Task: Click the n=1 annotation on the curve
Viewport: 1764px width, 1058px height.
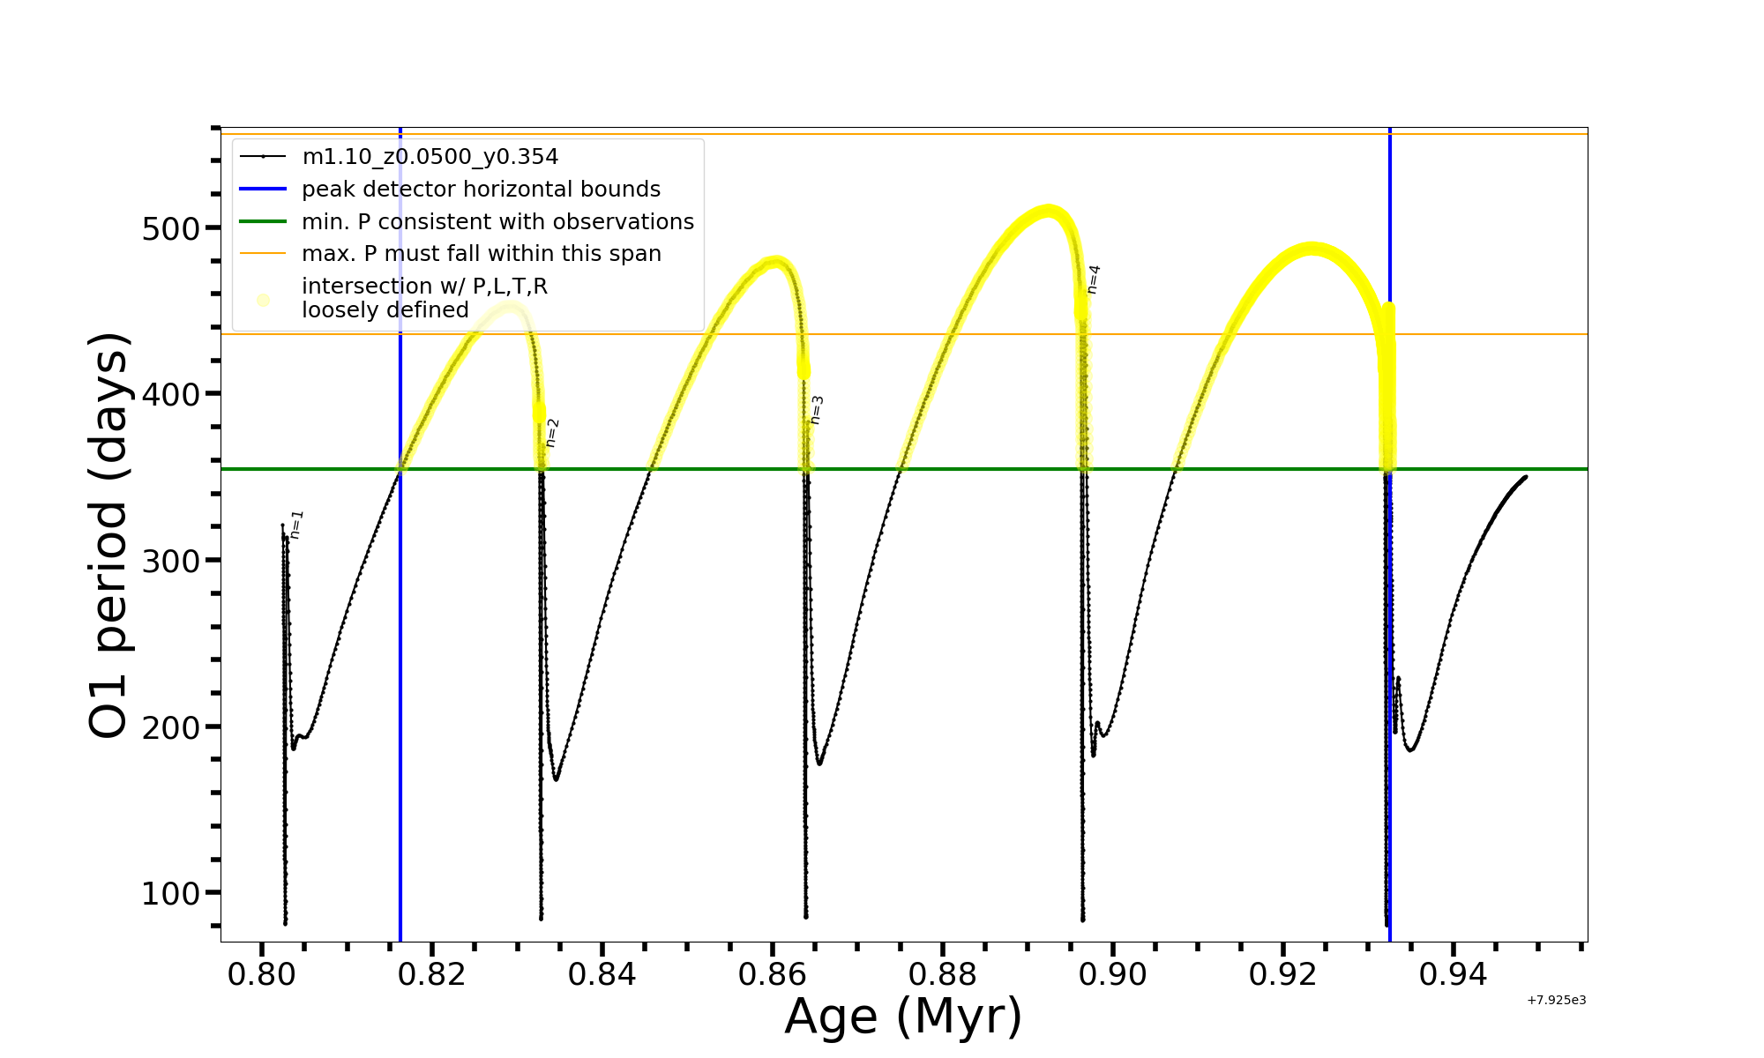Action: coord(296,525)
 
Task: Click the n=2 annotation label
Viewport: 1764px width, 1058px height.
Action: coord(552,433)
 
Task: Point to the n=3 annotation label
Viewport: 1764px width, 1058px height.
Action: coord(817,410)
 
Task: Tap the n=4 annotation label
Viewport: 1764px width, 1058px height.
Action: coord(1094,279)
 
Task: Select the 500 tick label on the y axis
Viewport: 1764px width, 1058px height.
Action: coord(171,229)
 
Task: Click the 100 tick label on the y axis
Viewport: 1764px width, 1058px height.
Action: coord(171,894)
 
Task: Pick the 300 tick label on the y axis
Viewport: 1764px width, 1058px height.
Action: coord(171,562)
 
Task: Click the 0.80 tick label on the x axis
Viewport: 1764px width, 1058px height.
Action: coord(261,975)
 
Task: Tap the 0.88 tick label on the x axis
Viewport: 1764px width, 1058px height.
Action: coord(943,975)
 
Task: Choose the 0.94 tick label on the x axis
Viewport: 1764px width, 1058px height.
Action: coord(1454,975)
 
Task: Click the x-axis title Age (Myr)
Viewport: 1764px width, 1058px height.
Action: coord(903,1017)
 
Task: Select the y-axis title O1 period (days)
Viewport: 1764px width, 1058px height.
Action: coord(109,535)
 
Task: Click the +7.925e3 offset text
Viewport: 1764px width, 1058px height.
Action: coord(1556,1001)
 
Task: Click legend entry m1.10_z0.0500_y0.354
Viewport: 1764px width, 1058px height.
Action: coord(430,157)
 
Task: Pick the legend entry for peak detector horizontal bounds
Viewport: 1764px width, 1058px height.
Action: coord(481,190)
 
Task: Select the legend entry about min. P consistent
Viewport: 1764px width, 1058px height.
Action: coord(497,221)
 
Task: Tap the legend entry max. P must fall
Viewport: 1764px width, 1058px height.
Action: coord(481,254)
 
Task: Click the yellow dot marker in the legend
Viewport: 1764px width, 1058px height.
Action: coord(263,300)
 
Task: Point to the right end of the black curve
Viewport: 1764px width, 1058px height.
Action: coord(1525,477)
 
